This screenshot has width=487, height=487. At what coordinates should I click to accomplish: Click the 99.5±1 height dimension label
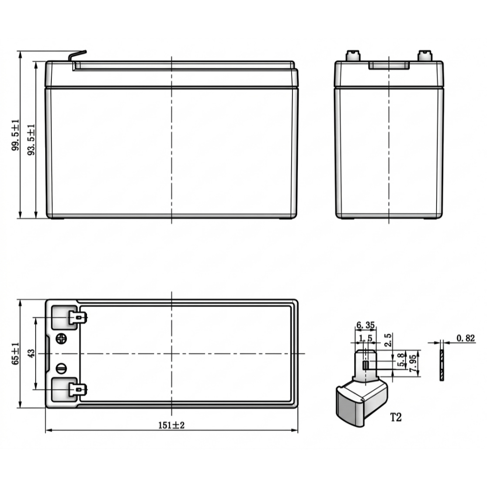pyautogui.click(x=15, y=135)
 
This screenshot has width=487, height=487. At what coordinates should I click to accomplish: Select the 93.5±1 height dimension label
pyautogui.click(x=31, y=140)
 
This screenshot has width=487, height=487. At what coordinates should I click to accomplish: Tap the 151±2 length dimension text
pyautogui.click(x=171, y=425)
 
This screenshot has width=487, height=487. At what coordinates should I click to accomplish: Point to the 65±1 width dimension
pyautogui.click(x=16, y=353)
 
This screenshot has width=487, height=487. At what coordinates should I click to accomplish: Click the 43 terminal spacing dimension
pyautogui.click(x=31, y=353)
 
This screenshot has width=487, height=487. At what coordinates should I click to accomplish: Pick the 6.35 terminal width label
pyautogui.click(x=366, y=325)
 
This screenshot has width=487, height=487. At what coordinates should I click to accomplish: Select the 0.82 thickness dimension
pyautogui.click(x=466, y=338)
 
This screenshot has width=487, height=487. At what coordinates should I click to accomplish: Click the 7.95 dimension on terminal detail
pyautogui.click(x=413, y=363)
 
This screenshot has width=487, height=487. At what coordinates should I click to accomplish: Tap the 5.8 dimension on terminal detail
pyautogui.click(x=401, y=360)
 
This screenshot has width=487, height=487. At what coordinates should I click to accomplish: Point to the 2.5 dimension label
pyautogui.click(x=388, y=340)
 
